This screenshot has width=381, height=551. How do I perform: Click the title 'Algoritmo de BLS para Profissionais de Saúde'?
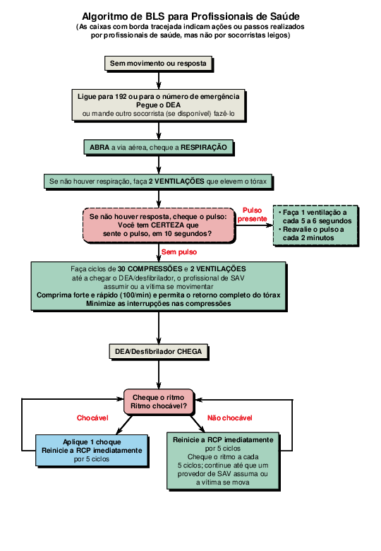click(190, 16)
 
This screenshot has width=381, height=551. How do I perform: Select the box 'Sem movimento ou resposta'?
click(158, 64)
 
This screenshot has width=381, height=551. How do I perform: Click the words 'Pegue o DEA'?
click(158, 105)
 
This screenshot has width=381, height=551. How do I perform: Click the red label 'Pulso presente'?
click(252, 215)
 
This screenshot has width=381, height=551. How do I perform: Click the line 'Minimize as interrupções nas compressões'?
click(158, 303)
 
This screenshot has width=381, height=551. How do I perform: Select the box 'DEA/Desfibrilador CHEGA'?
click(158, 351)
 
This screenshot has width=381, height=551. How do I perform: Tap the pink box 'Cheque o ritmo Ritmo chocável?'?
click(159, 402)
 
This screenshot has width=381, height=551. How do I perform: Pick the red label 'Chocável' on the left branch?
click(92, 417)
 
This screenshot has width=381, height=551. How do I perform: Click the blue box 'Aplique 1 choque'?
click(92, 450)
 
